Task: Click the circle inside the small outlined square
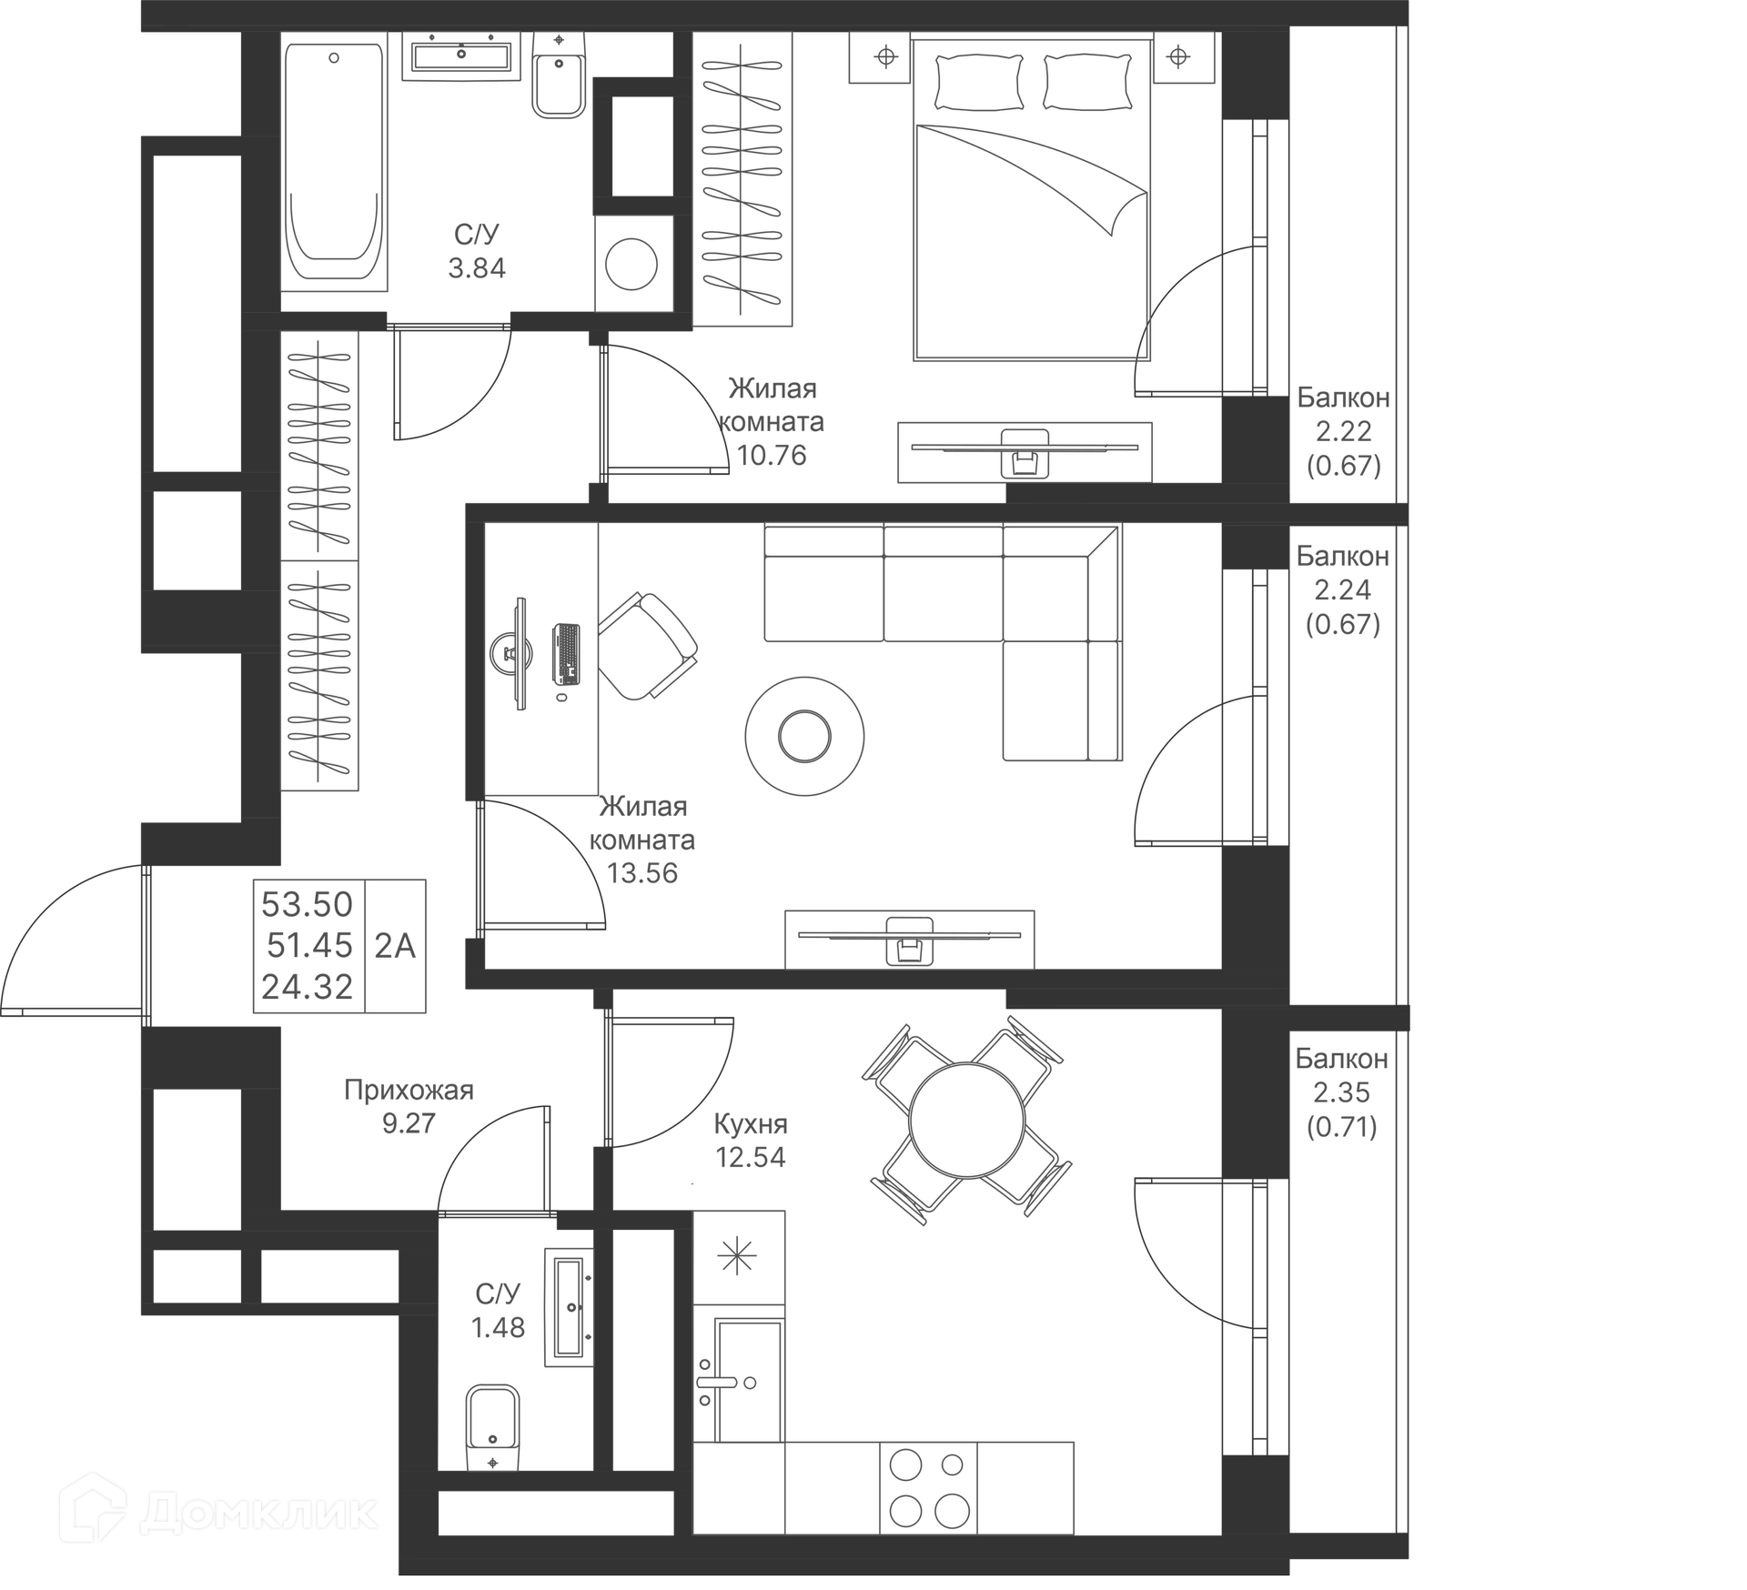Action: coord(635,263)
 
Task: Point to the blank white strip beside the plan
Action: coord(1579,791)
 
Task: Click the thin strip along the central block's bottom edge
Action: coord(910,961)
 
